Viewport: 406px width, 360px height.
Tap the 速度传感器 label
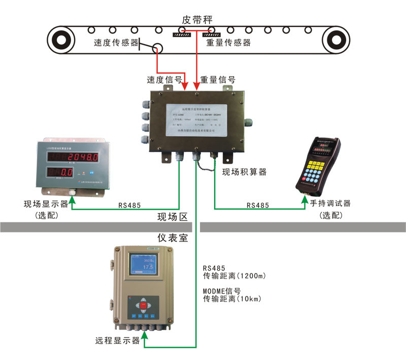point(116,43)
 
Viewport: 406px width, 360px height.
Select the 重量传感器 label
point(228,43)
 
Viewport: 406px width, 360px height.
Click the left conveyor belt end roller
point(62,39)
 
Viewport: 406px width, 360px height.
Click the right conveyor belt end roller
point(334,39)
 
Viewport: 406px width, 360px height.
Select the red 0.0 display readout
point(67,172)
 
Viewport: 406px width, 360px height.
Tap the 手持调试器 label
point(330,204)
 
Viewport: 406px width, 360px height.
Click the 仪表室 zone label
point(173,237)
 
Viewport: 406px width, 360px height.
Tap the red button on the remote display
point(144,305)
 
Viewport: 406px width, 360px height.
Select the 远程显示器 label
point(117,341)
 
